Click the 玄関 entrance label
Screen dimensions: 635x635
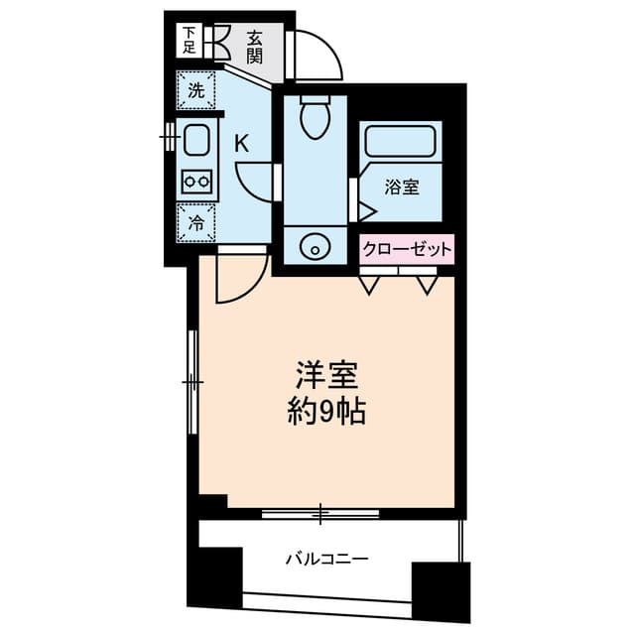255,47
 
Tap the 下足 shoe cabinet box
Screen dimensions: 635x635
190,41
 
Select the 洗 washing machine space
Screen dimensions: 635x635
196,90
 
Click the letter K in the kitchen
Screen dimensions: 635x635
242,143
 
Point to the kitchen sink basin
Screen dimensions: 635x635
196,140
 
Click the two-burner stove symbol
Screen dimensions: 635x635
196,182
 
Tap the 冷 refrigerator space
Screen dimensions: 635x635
196,222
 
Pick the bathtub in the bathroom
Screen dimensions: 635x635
400,141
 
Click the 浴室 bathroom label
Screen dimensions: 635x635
401,188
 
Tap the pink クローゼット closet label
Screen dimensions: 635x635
407,249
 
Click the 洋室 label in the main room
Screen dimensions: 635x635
327,374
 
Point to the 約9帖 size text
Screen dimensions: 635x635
326,412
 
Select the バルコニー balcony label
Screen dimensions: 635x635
327,560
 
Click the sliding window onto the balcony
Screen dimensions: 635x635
320,514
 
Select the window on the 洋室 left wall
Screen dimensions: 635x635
192,382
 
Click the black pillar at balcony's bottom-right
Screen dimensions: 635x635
441,591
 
